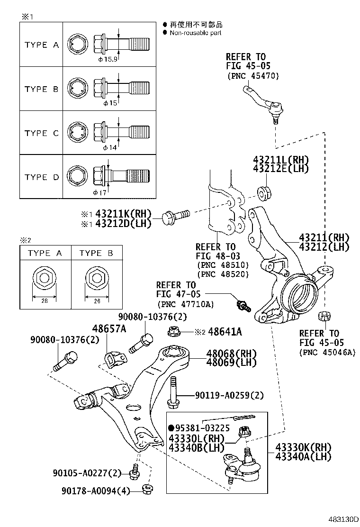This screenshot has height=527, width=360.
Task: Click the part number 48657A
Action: pyautogui.click(x=109, y=329)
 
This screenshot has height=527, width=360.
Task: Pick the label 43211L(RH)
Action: pyautogui.click(x=281, y=160)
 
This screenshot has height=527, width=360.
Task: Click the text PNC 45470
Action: pyautogui.click(x=253, y=76)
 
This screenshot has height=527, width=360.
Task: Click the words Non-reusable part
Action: pyautogui.click(x=195, y=33)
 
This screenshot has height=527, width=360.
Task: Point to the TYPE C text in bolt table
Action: pyautogui.click(x=42, y=133)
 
